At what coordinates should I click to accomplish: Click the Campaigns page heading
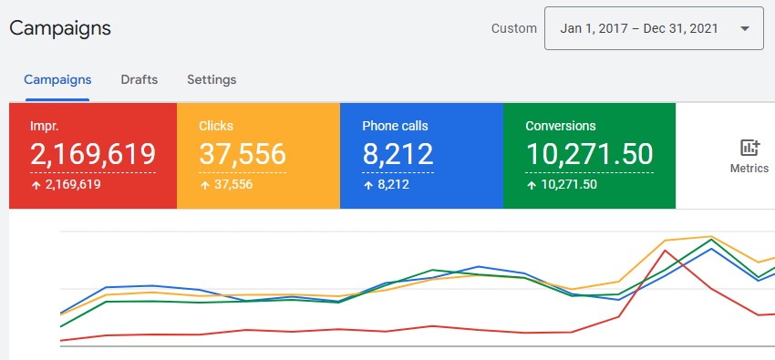pyautogui.click(x=60, y=28)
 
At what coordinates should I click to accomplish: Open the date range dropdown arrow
pyautogui.click(x=745, y=28)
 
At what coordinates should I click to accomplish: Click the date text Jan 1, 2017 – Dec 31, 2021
pyautogui.click(x=638, y=28)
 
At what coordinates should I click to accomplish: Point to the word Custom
pyautogui.click(x=514, y=28)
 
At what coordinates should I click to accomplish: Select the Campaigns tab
pyautogui.click(x=57, y=79)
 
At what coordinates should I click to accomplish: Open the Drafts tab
pyautogui.click(x=139, y=79)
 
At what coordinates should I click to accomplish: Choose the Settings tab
pyautogui.click(x=212, y=79)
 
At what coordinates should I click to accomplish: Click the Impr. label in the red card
pyautogui.click(x=45, y=126)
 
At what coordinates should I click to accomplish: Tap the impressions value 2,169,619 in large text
pyautogui.click(x=93, y=155)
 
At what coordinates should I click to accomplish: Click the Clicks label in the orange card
pyautogui.click(x=216, y=126)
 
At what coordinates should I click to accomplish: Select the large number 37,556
pyautogui.click(x=243, y=155)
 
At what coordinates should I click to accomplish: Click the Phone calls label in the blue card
pyautogui.click(x=395, y=126)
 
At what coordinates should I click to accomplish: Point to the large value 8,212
pyautogui.click(x=398, y=155)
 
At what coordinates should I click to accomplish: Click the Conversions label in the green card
pyautogui.click(x=560, y=126)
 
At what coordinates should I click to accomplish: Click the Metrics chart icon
pyautogui.click(x=749, y=148)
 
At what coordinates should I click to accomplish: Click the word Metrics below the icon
pyautogui.click(x=749, y=169)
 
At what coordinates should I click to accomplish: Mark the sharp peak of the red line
pyautogui.click(x=667, y=250)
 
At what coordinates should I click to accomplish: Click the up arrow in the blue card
pyautogui.click(x=367, y=185)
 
